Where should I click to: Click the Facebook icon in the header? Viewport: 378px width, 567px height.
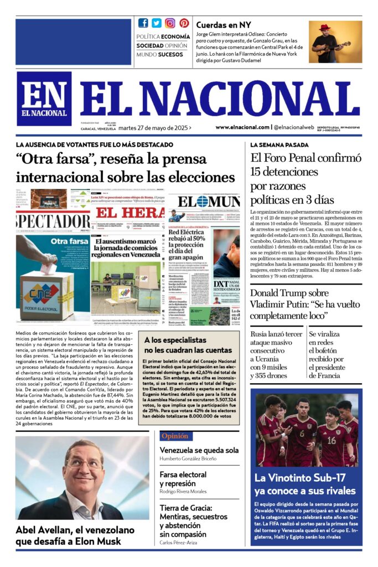143,23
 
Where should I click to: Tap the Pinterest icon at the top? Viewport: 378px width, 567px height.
184,23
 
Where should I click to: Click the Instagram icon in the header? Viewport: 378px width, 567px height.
170,23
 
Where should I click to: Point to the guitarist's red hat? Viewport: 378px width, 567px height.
324,27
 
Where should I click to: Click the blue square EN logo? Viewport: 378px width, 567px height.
44,98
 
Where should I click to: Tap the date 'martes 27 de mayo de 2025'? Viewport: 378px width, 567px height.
154,127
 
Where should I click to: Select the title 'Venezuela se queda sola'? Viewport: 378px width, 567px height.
199,450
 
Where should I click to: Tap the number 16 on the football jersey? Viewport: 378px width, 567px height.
331,440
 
